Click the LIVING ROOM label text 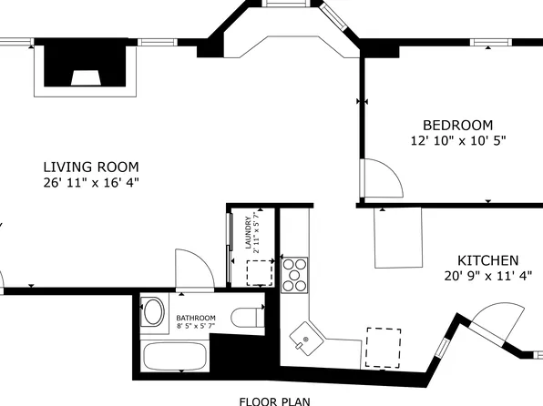pyautogui.click(x=91, y=167)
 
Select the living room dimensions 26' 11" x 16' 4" pyautogui.click(x=91, y=182)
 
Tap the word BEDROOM pyautogui.click(x=457, y=125)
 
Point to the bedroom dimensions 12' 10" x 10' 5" pyautogui.click(x=457, y=140)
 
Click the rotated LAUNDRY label pyautogui.click(x=247, y=232)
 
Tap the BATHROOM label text pyautogui.click(x=194, y=318)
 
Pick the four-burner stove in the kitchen pyautogui.click(x=295, y=274)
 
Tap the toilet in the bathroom pyautogui.click(x=247, y=318)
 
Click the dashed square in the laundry pyautogui.click(x=260, y=272)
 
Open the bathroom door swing pyautogui.click(x=193, y=270)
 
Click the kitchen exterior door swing pyautogui.click(x=497, y=322)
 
